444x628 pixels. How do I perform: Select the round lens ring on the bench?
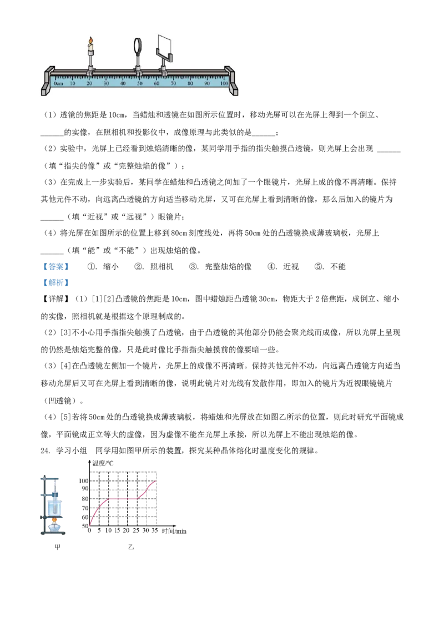[x=138, y=46]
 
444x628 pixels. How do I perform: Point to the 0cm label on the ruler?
[x=58, y=83]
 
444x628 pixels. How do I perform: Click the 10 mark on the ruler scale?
[x=73, y=83]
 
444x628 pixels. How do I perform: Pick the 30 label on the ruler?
[x=106, y=83]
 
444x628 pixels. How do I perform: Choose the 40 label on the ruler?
[x=123, y=83]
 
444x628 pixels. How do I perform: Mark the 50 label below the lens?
[x=140, y=83]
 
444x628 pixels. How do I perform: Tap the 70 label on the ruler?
[x=173, y=83]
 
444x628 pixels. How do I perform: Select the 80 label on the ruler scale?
[x=190, y=83]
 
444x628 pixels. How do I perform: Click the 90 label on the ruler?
[x=206, y=83]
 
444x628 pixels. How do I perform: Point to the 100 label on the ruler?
[x=224, y=83]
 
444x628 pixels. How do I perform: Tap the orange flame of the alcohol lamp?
[x=54, y=521]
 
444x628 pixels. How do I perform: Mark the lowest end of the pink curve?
[x=90, y=525]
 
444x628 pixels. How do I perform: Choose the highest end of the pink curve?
[x=157, y=481]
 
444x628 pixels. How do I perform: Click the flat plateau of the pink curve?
[x=122, y=499]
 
